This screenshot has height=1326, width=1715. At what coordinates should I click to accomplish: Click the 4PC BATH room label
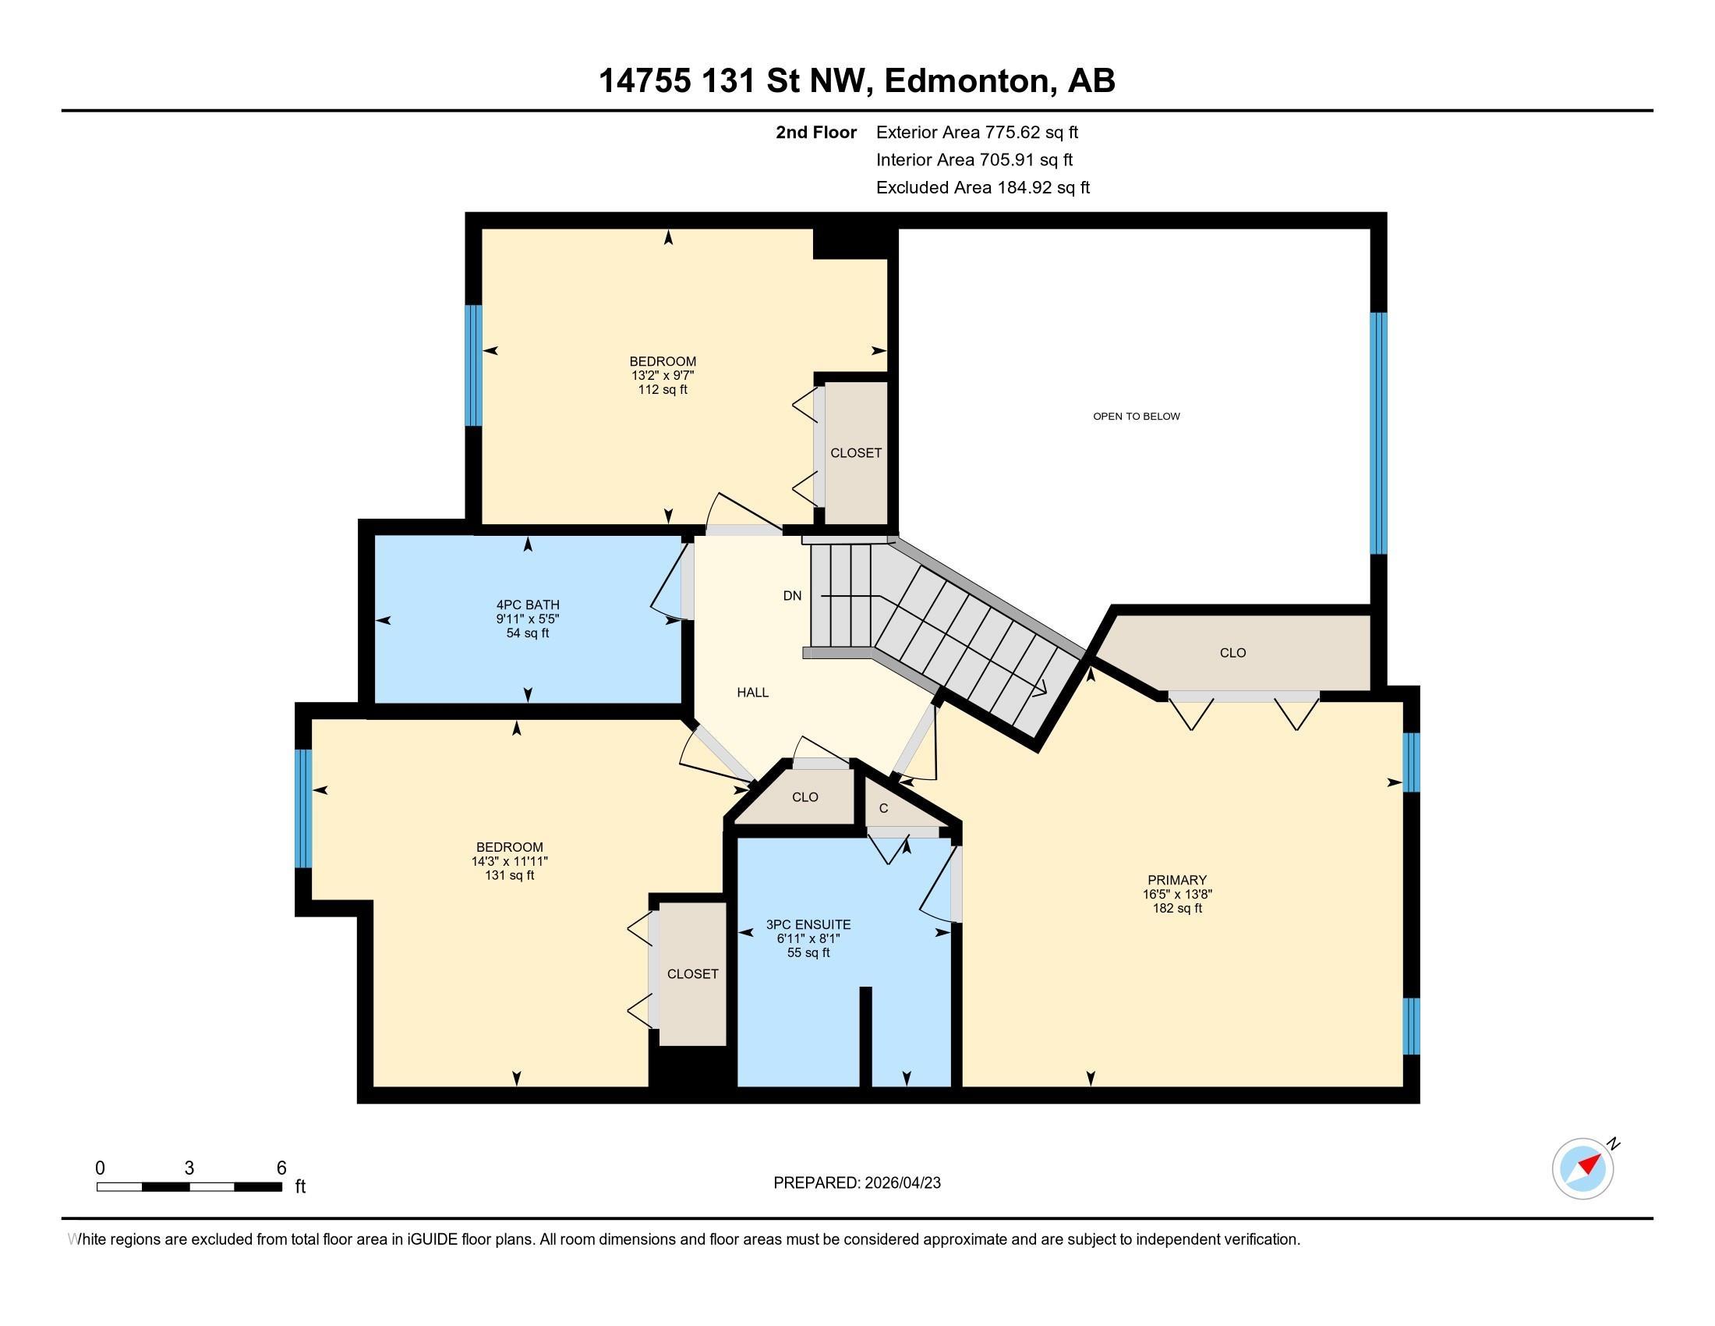[528, 604]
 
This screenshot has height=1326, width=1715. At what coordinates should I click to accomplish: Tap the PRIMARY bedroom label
[1176, 880]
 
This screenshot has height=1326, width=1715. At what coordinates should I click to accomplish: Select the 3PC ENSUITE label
[808, 924]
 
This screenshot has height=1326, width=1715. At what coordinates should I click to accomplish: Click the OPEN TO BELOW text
[1137, 417]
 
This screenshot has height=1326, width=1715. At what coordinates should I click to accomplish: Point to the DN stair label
[792, 595]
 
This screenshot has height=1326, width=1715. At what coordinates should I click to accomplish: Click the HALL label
[752, 692]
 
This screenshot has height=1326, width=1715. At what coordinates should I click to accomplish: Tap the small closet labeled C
[883, 808]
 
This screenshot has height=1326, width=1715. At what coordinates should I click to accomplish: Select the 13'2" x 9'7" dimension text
[663, 375]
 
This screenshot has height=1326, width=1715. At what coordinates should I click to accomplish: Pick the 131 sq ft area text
[510, 875]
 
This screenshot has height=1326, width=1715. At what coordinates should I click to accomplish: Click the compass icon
[1582, 1168]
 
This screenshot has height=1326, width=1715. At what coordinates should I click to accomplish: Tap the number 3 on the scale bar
[189, 1168]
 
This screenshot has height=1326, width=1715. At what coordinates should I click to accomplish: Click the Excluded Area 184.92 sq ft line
[982, 188]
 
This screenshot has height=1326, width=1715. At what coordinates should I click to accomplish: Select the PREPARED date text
[857, 1182]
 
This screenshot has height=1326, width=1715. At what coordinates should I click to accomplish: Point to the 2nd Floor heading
[816, 133]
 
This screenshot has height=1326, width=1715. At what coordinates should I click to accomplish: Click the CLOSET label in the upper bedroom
[856, 453]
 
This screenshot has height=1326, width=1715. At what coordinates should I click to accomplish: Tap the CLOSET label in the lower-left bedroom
[692, 974]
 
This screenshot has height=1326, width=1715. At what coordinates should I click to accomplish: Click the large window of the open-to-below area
[1378, 433]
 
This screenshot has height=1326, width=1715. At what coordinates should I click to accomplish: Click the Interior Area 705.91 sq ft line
[974, 160]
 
